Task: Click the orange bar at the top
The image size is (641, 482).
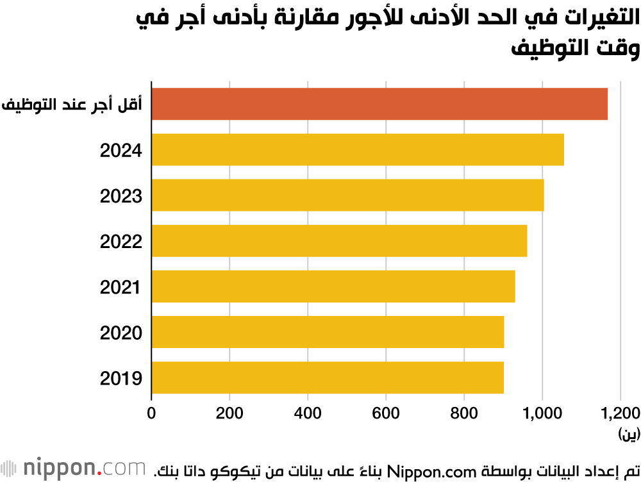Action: pos(379,104)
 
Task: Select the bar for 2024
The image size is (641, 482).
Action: pos(358,149)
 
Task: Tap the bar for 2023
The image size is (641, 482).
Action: pos(347,195)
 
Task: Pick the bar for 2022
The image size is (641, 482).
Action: pos(339,240)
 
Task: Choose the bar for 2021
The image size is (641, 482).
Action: pos(333,286)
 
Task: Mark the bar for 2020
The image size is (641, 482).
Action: pos(328,331)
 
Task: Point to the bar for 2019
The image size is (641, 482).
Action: pos(328,378)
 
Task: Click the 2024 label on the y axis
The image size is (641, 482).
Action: pos(121,151)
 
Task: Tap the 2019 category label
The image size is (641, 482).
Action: pos(121,378)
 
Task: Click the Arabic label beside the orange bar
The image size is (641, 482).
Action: pos(72,104)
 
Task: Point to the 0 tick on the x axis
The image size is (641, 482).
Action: pos(152,413)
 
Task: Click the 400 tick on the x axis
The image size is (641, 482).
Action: pos(308,413)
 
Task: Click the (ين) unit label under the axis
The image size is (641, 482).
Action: pos(629,435)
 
